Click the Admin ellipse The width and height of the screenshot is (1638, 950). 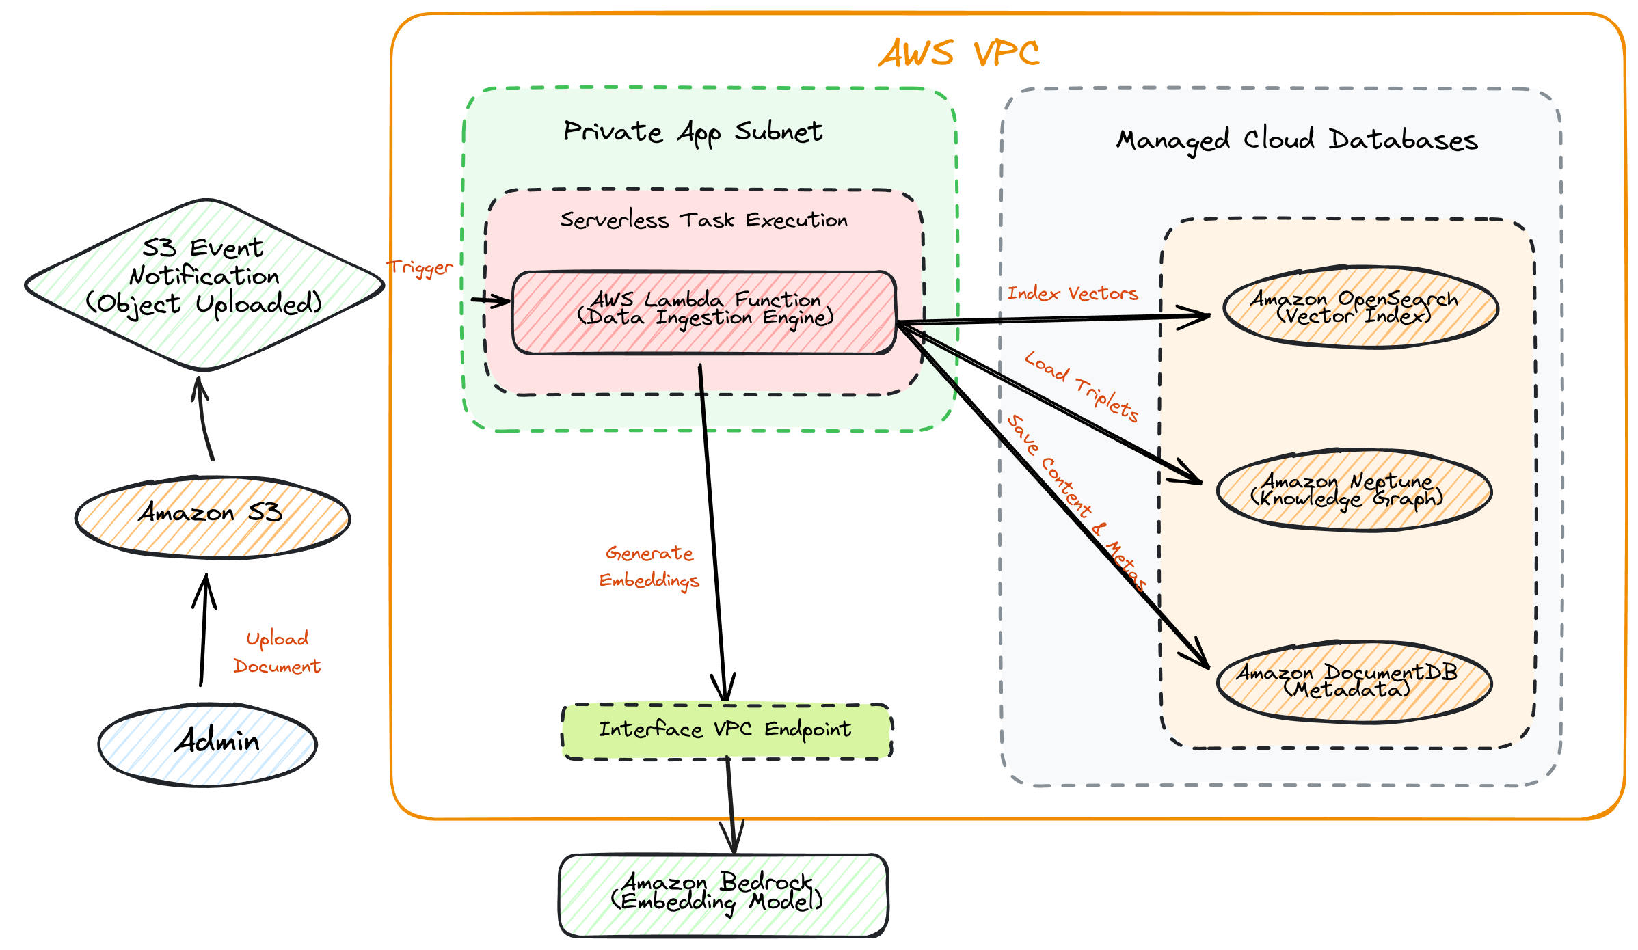click(207, 745)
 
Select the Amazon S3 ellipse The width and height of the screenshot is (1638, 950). click(212, 518)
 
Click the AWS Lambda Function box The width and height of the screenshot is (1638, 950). click(703, 313)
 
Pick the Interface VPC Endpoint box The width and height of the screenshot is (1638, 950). click(726, 731)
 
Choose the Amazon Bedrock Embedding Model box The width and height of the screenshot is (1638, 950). click(723, 895)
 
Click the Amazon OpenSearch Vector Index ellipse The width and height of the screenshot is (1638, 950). click(1360, 308)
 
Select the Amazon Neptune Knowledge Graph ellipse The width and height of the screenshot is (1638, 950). click(1354, 490)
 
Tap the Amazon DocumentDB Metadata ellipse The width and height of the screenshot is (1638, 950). click(1354, 681)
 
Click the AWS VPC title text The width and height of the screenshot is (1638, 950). click(958, 53)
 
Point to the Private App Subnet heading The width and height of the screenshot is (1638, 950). click(693, 132)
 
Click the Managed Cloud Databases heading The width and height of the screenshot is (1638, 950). click(1296, 140)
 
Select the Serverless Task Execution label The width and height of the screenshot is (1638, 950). click(703, 220)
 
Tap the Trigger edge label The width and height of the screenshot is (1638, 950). click(420, 267)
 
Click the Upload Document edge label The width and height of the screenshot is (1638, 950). click(277, 652)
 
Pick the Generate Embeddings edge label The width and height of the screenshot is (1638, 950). click(649, 566)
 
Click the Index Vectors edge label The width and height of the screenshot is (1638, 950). click(1072, 293)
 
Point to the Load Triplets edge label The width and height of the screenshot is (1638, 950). click(1082, 387)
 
